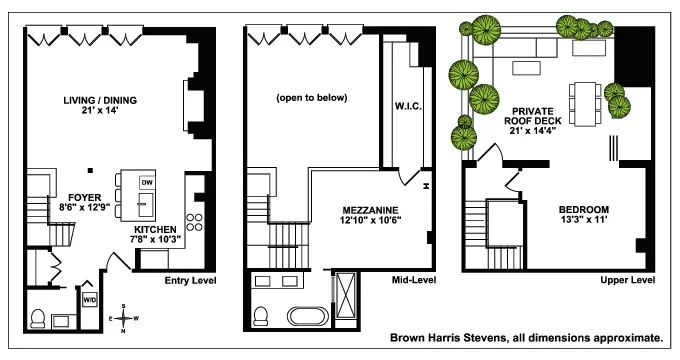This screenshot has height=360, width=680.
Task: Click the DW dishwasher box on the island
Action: point(147,183)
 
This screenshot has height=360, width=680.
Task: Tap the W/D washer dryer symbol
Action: point(89,298)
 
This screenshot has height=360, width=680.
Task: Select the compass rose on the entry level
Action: point(123,317)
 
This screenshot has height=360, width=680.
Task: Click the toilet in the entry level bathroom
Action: point(36,318)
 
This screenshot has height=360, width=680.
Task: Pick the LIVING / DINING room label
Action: point(99,100)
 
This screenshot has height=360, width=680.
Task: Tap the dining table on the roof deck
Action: point(584,100)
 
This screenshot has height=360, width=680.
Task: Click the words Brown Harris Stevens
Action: point(450,339)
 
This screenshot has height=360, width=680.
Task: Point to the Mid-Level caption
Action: point(412,281)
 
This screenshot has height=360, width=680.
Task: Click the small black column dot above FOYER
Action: point(90,169)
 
